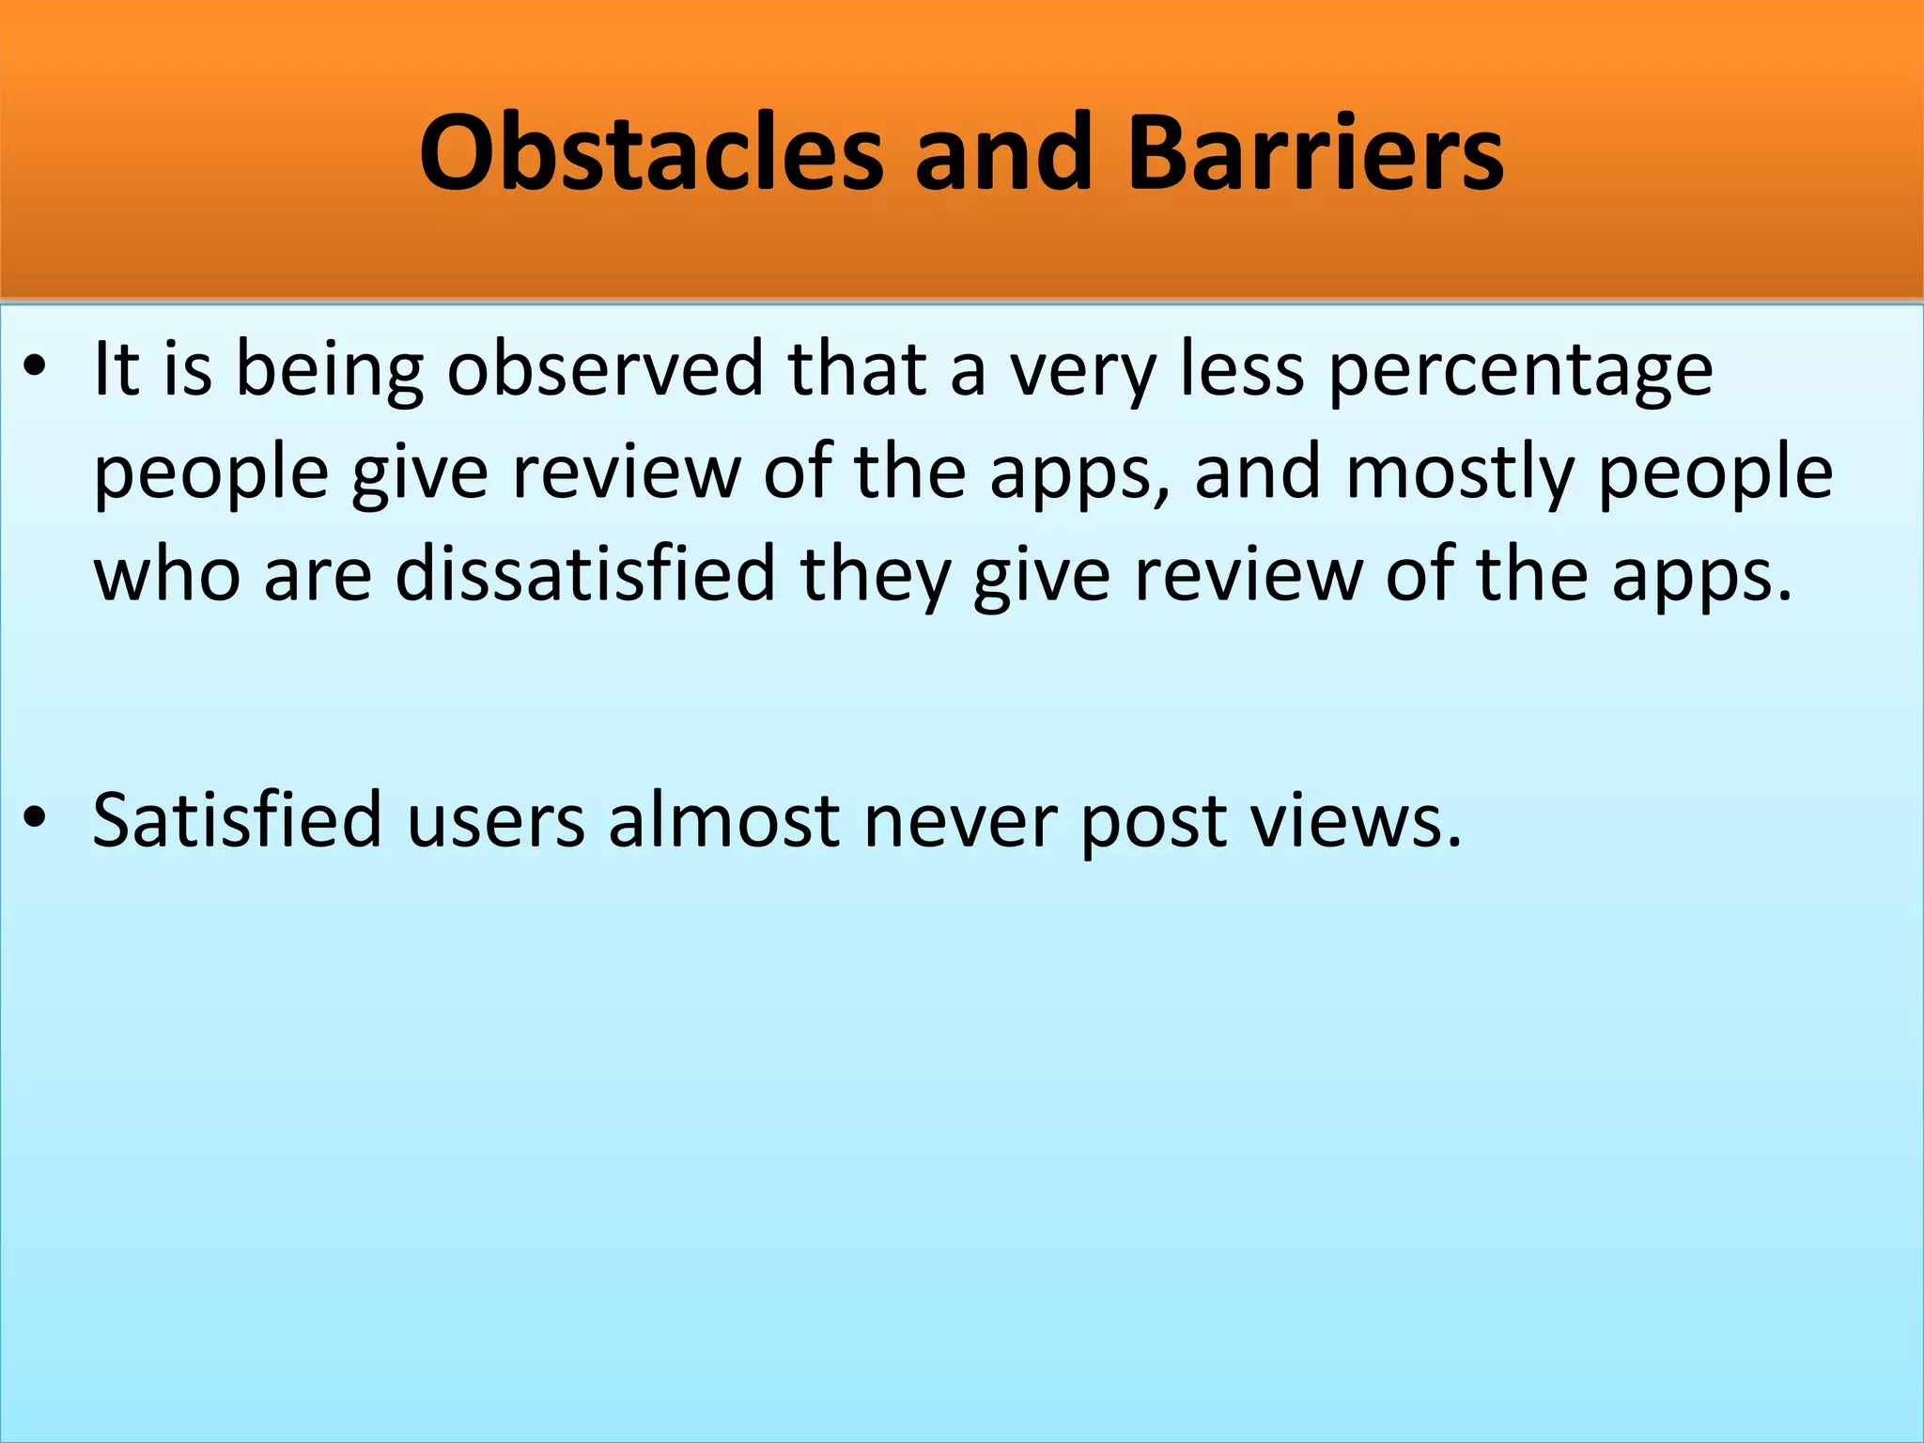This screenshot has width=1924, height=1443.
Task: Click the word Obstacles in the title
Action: [x=651, y=153]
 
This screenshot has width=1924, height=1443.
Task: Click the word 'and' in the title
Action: [x=1004, y=153]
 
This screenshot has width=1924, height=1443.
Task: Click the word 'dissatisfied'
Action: [x=585, y=574]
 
